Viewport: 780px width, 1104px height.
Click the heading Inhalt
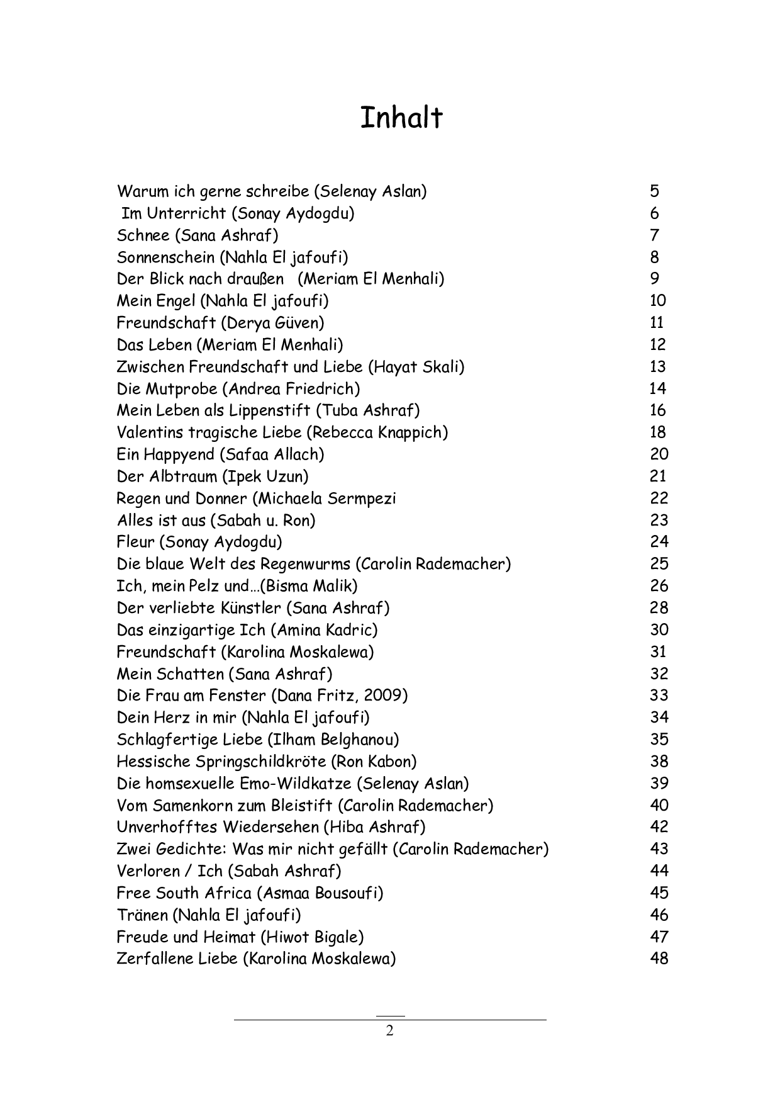coord(401,118)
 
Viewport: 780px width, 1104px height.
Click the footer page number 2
coord(389,1031)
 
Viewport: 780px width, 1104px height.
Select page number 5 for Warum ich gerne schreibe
coord(655,191)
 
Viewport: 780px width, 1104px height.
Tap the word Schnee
coord(143,235)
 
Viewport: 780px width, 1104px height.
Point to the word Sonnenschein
coord(165,257)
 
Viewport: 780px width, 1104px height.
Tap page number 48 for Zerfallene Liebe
coord(659,959)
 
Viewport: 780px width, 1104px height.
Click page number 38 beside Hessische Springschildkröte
coord(659,762)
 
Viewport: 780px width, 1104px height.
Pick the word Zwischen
coord(150,367)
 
